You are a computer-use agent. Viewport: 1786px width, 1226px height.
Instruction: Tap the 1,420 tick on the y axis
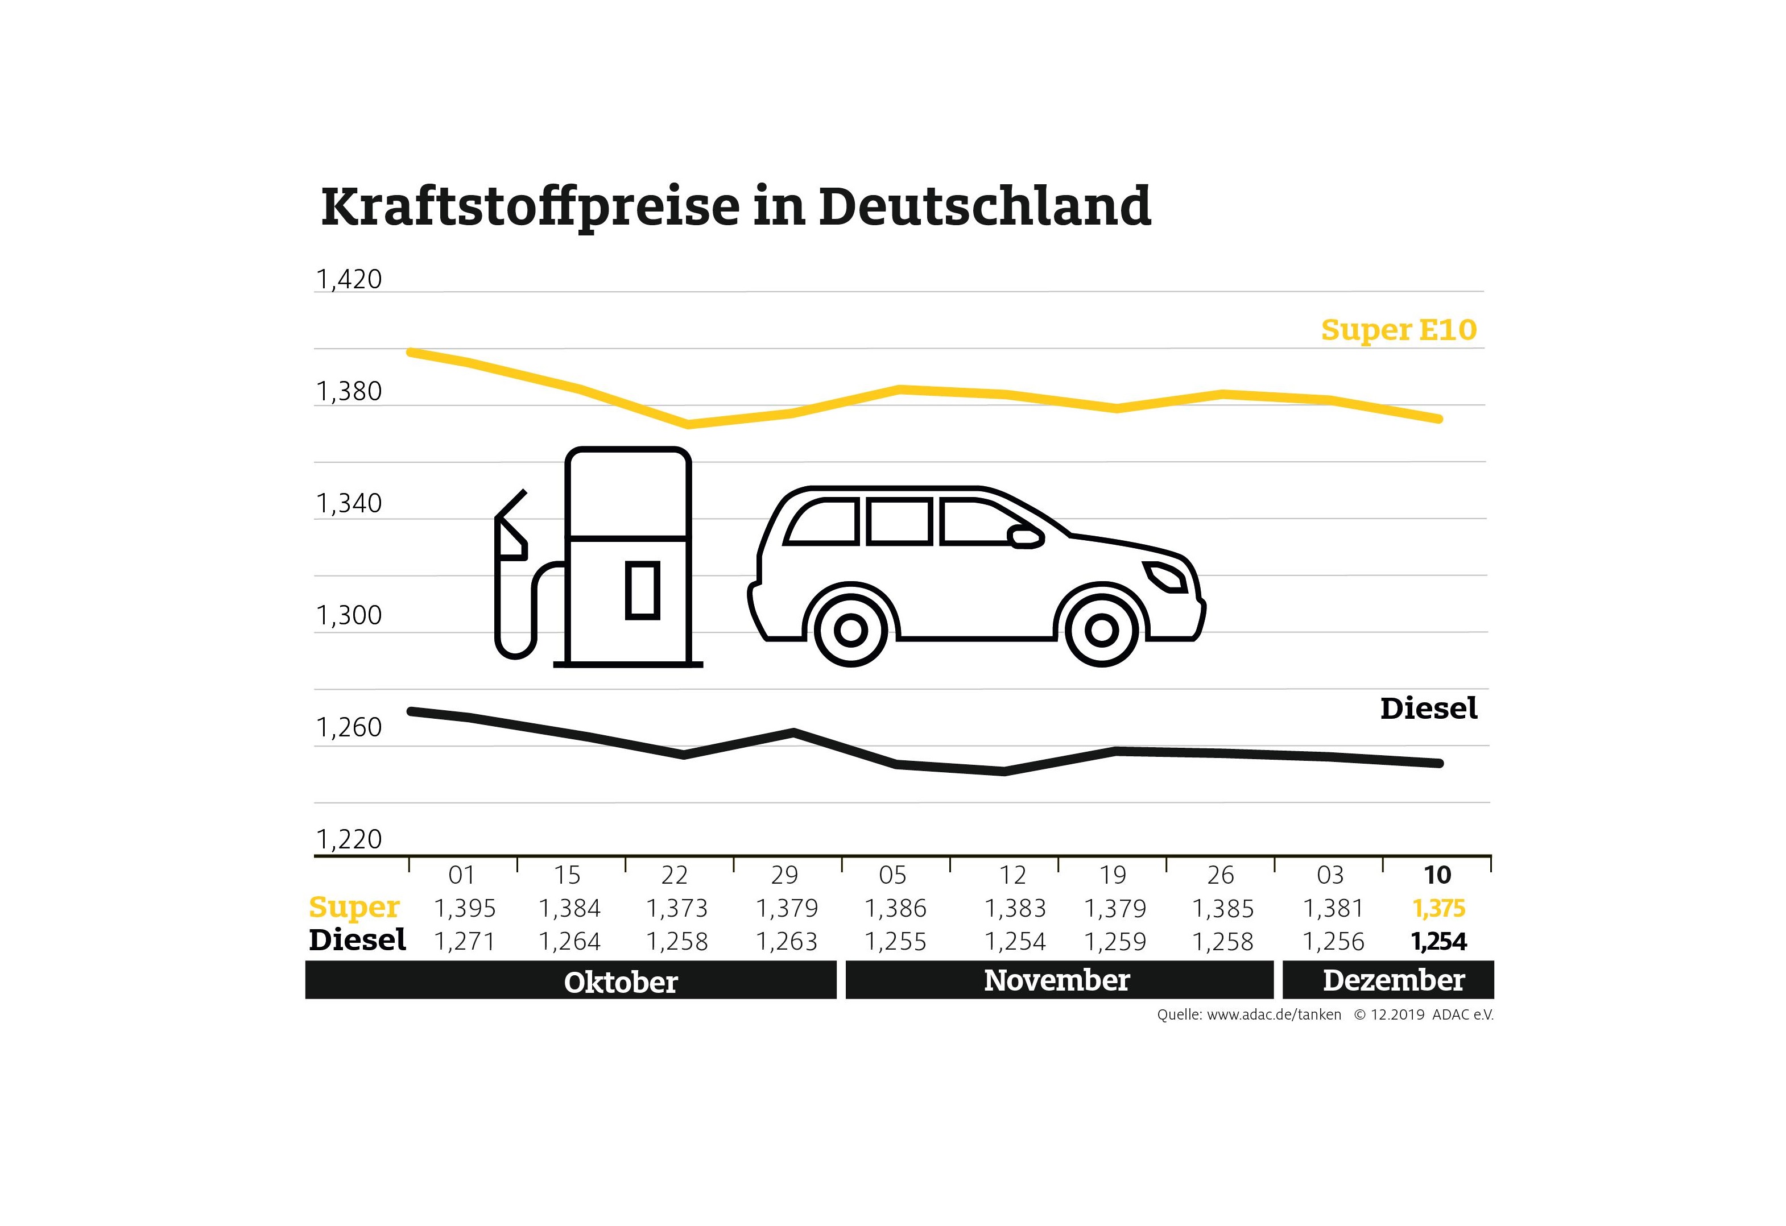pos(348,280)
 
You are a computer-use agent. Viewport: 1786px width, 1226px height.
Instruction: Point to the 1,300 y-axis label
pos(348,615)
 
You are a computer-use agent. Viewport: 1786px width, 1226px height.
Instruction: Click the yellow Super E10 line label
pos(1398,330)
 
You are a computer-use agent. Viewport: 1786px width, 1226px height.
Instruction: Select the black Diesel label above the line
pos(1428,709)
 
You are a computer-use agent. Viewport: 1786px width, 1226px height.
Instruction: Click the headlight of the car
pos(1165,576)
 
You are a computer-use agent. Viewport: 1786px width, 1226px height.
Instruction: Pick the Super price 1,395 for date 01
pos(465,909)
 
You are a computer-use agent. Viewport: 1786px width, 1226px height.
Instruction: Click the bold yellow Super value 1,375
pos(1438,909)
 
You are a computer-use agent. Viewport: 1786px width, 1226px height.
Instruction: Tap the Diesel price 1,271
pos(465,942)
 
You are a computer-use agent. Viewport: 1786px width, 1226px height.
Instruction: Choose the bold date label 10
pos(1437,875)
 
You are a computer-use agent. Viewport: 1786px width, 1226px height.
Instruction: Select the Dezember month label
pos(1394,981)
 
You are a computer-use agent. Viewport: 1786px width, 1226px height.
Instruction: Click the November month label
pos(1057,981)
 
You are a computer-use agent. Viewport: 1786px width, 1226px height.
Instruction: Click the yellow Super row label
pos(354,907)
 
